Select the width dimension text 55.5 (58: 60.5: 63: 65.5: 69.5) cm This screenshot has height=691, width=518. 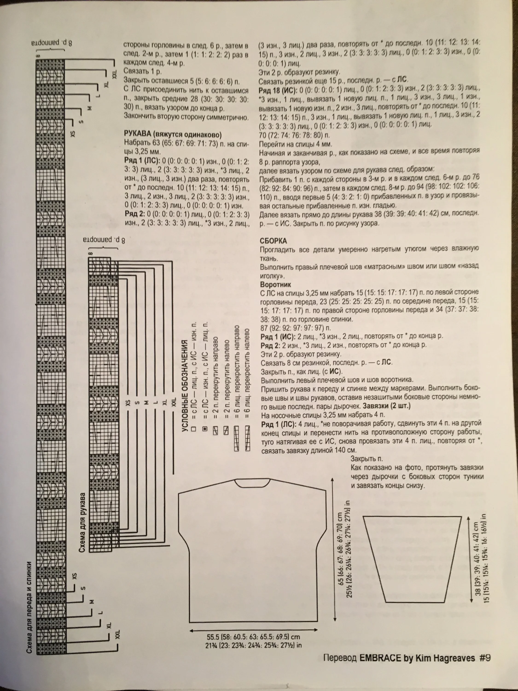point(253,637)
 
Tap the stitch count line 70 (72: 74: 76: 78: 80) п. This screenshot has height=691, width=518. point(294,135)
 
